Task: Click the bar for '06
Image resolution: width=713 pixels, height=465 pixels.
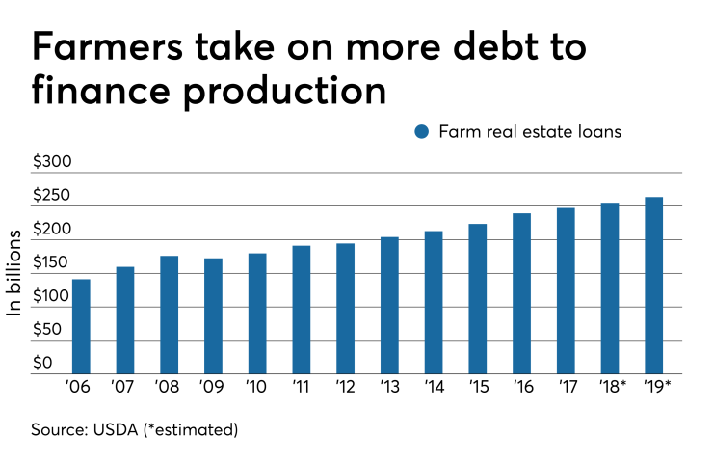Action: (x=81, y=326)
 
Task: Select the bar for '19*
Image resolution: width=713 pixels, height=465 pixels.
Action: (x=654, y=286)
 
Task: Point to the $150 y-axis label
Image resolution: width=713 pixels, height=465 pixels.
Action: (x=53, y=262)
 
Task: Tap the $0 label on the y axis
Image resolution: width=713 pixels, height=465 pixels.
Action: (x=43, y=363)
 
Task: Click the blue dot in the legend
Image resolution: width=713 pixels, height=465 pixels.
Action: (x=421, y=132)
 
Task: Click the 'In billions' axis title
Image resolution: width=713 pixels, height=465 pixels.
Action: (x=15, y=273)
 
